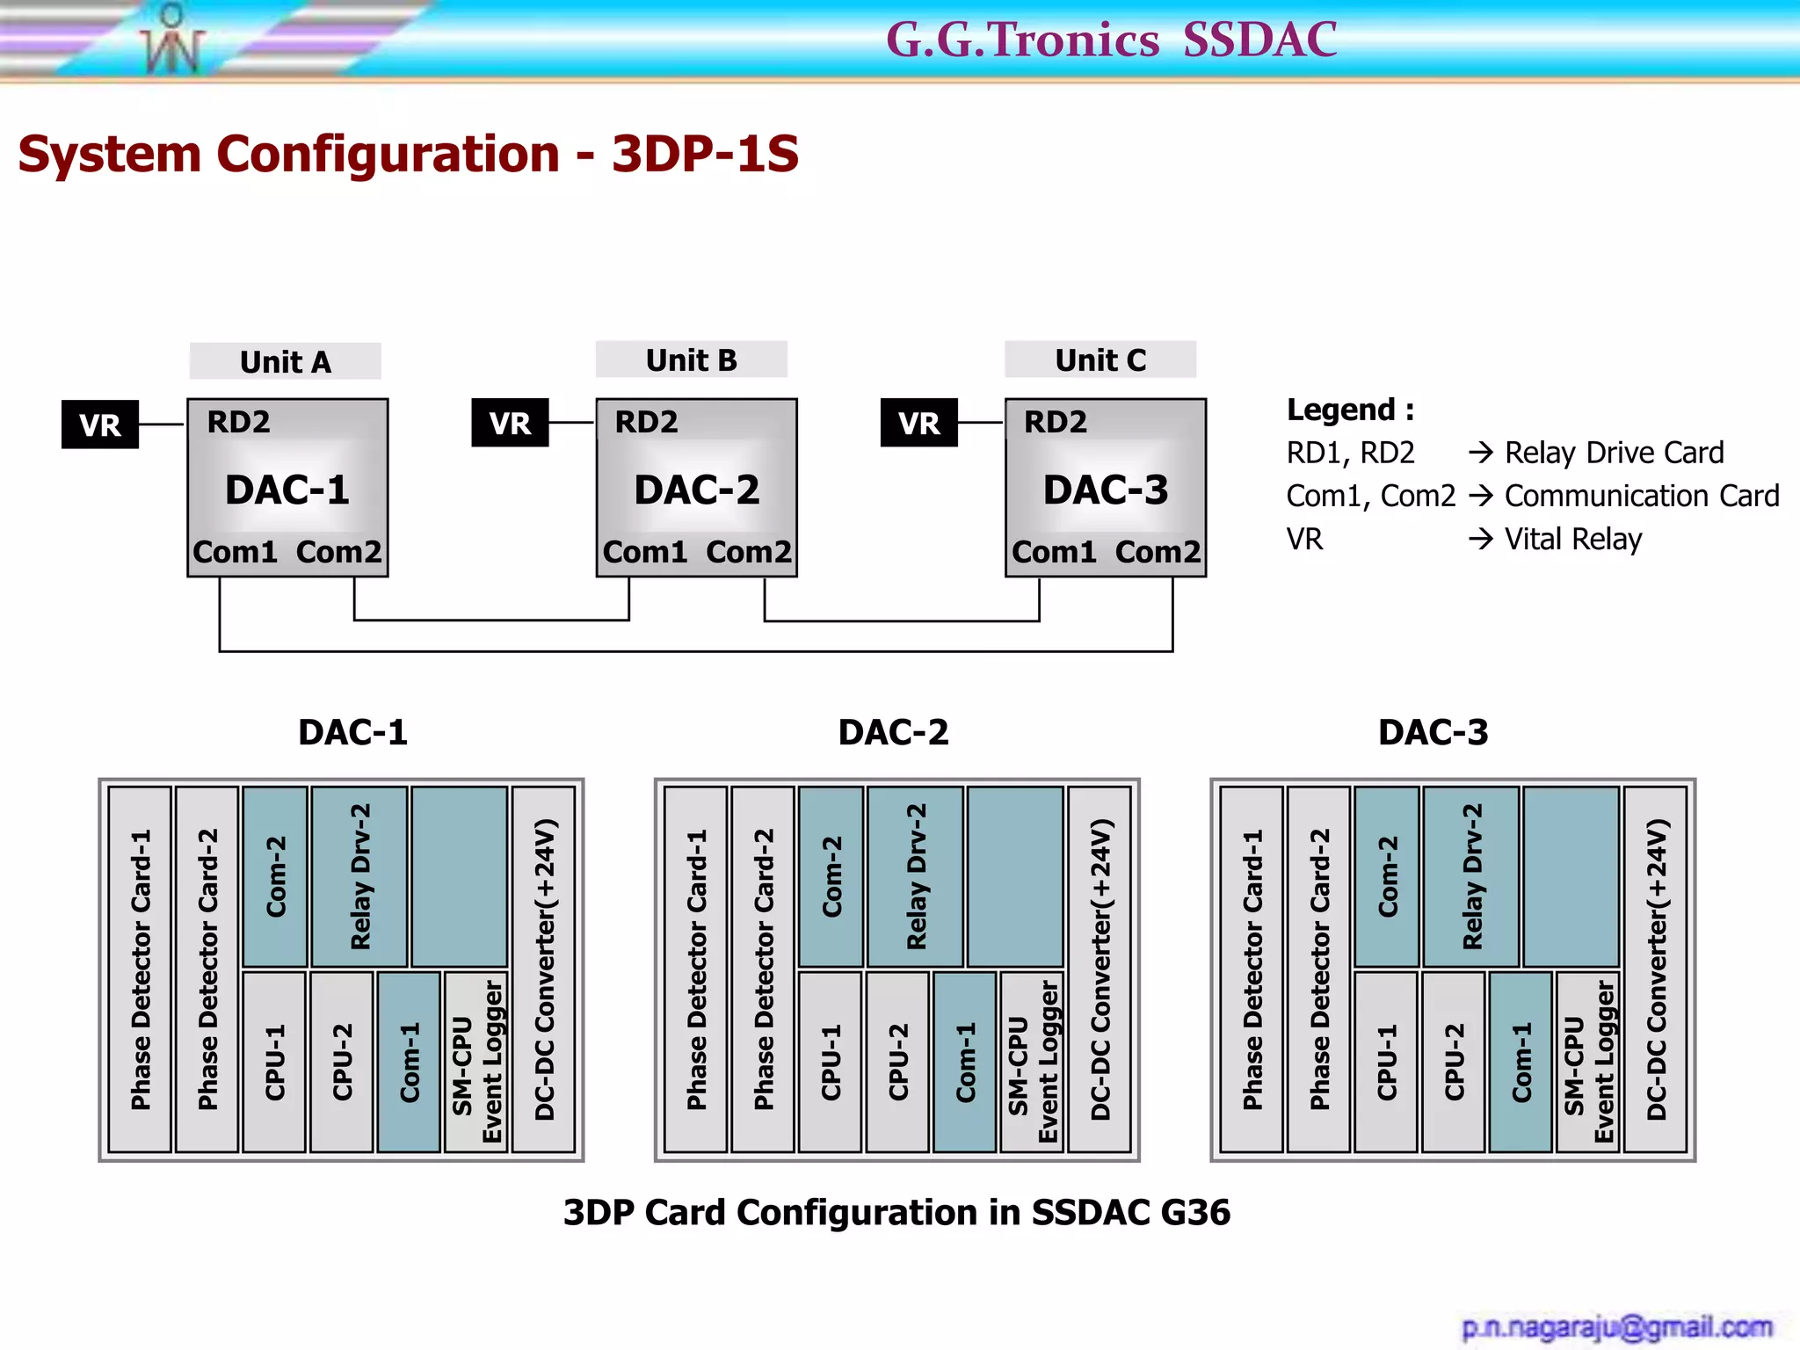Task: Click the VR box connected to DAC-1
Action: point(99,425)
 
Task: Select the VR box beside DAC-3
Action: point(918,423)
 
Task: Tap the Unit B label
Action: point(691,360)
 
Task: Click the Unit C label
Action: point(1100,360)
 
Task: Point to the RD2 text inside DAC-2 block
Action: point(646,422)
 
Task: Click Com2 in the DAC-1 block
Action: point(338,552)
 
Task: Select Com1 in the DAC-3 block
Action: point(1054,552)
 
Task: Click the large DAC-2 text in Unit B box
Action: point(696,490)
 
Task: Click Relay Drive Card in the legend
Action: point(1614,453)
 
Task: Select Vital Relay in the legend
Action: point(1573,539)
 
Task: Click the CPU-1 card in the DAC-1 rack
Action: point(274,1061)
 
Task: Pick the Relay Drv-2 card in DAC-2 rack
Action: point(915,876)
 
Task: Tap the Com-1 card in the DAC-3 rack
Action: point(1521,1061)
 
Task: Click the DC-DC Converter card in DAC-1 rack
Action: point(544,969)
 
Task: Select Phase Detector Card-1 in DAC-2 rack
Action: point(695,969)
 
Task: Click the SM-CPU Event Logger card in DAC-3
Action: point(1587,1061)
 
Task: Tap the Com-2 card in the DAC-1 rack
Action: point(275,876)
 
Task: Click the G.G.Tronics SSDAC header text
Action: point(1111,40)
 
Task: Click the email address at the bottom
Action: point(1616,1326)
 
